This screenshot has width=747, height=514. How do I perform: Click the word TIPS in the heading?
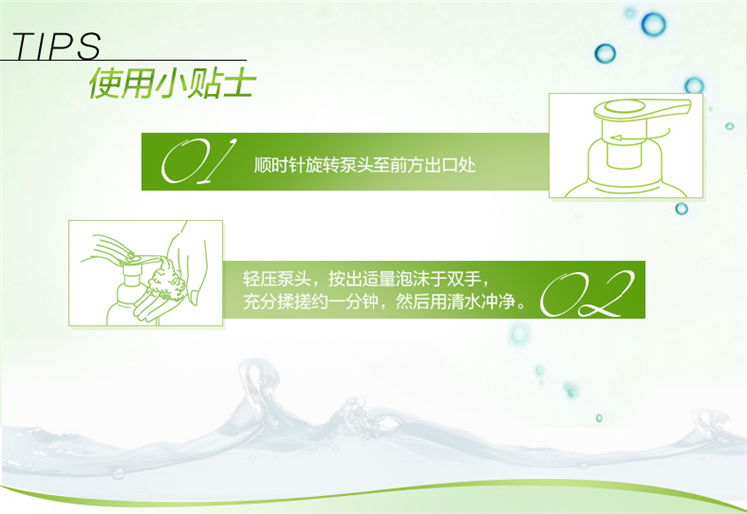point(56,46)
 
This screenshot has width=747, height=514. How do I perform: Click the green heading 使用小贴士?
point(172,84)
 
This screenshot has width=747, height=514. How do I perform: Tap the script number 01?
point(198,162)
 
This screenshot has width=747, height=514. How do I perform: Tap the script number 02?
point(587,294)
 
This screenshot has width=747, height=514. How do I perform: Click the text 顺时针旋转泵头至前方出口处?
point(365,165)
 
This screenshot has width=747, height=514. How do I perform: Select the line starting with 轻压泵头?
point(366,279)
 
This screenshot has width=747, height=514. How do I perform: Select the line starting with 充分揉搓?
point(384,302)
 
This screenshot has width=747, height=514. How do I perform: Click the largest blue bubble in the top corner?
point(653,24)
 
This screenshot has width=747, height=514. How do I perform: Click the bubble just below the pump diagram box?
point(681,208)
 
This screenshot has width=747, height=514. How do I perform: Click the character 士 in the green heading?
point(238,84)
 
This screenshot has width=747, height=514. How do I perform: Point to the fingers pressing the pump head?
point(111,247)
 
